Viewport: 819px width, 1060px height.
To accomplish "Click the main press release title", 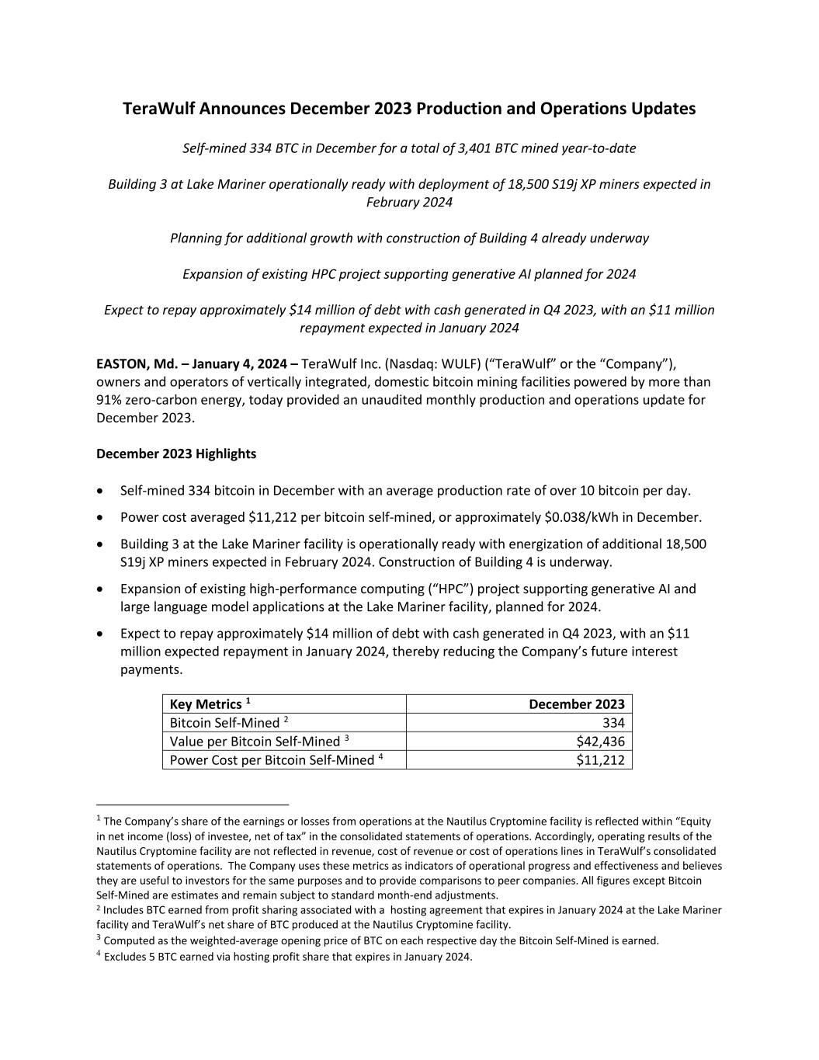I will pyautogui.click(x=409, y=109).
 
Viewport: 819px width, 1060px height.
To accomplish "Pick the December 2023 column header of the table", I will pyautogui.click(x=576, y=704).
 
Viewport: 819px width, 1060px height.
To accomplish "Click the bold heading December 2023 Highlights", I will pyautogui.click(x=176, y=454).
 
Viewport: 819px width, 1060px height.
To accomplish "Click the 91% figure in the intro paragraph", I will pyautogui.click(x=109, y=400).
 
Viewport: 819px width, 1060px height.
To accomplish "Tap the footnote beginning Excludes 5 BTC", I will pyautogui.click(x=287, y=957).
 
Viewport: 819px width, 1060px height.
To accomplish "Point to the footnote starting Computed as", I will pyautogui.click(x=380, y=941).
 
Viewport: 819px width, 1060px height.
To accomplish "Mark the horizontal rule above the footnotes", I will pyautogui.click(x=192, y=805).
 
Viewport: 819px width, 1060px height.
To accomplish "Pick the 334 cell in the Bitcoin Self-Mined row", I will pyautogui.click(x=613, y=723).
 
